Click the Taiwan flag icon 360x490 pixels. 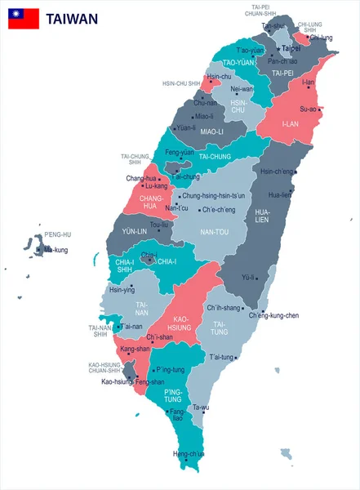(x=24, y=19)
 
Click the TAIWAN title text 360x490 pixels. (x=73, y=19)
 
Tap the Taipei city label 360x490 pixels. (x=291, y=49)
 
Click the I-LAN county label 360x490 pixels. (x=291, y=124)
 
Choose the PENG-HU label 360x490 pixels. (x=58, y=234)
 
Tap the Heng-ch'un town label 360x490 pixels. (x=189, y=453)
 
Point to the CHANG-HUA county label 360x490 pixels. (x=153, y=202)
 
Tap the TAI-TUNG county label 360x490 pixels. (x=220, y=327)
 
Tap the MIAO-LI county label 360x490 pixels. (x=211, y=131)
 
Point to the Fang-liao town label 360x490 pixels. (x=176, y=415)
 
